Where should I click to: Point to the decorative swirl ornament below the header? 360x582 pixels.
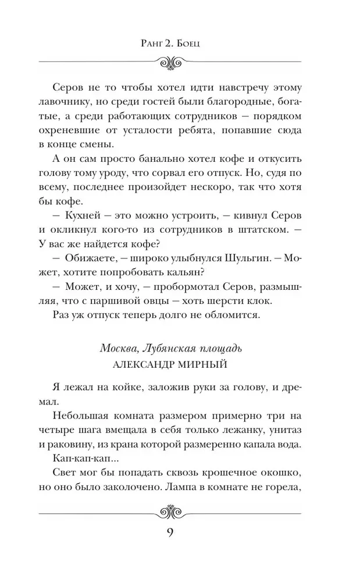click(x=171, y=61)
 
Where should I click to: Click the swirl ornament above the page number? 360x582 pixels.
click(x=171, y=512)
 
